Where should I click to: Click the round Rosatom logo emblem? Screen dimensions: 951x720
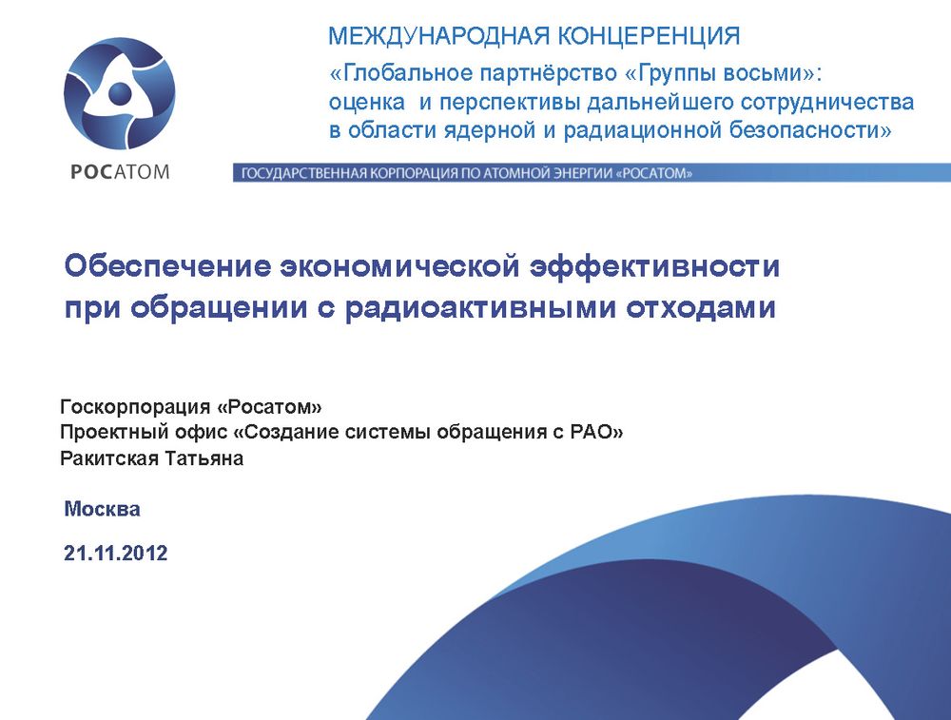point(119,93)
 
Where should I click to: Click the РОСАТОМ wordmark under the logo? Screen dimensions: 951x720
point(120,171)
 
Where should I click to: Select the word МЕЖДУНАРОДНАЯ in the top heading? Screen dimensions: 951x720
point(438,36)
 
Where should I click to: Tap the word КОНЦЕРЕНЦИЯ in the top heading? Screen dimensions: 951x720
point(649,36)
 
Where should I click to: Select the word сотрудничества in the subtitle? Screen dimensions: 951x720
point(818,102)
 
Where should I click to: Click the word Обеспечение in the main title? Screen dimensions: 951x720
point(167,266)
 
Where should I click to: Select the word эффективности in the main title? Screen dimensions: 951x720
point(654,266)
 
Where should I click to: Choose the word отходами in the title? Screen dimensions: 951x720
point(701,307)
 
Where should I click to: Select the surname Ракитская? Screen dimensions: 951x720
point(110,457)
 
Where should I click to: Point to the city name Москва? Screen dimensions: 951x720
point(102,509)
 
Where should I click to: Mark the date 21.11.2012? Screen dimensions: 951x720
point(115,554)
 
